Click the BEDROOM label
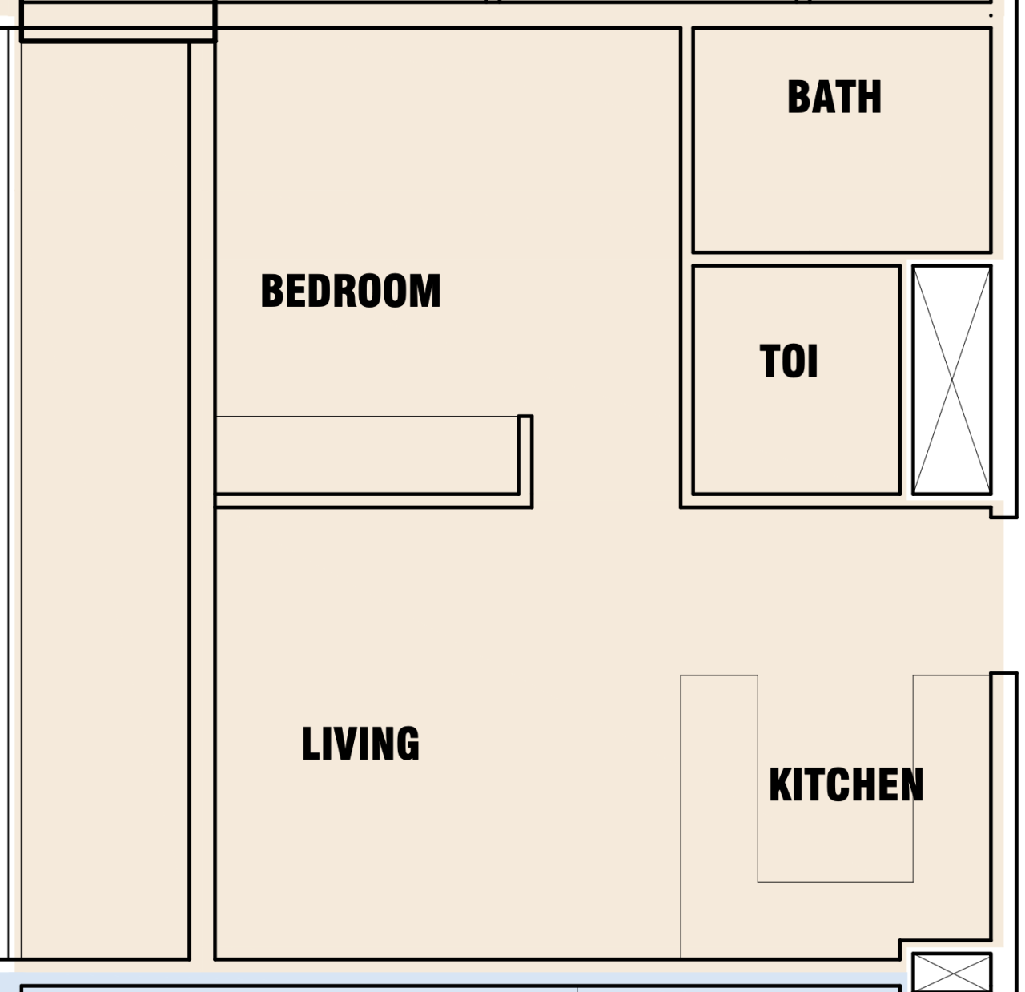[x=351, y=291]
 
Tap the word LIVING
[x=360, y=744]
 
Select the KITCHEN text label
[x=846, y=784]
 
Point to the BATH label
[x=834, y=97]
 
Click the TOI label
[x=789, y=361]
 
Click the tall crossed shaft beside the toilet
[x=952, y=380]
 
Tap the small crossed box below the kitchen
[x=952, y=972]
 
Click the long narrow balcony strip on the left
[x=104, y=497]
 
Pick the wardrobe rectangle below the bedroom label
[x=367, y=454]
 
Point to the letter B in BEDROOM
[x=273, y=291]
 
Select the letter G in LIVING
[x=406, y=744]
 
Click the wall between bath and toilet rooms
[x=841, y=259]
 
